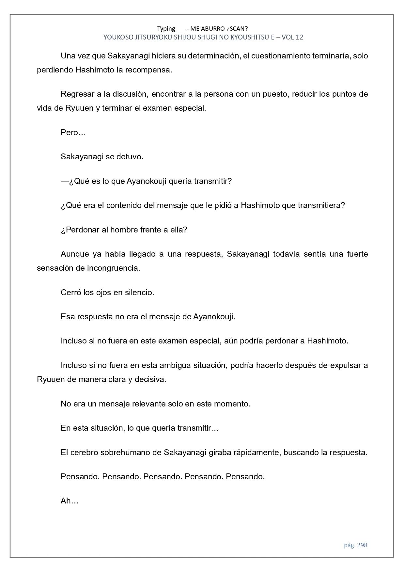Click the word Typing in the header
click(x=166, y=28)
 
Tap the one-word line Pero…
click(x=73, y=133)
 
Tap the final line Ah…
click(x=70, y=501)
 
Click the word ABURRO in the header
click(x=216, y=28)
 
